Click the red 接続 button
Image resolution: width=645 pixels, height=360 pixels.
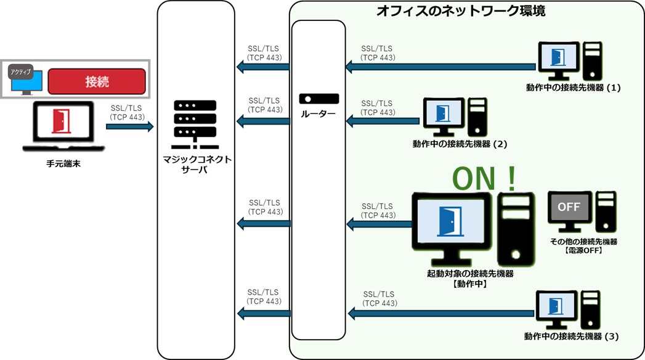(x=97, y=81)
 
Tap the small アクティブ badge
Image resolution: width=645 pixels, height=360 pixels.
(x=20, y=72)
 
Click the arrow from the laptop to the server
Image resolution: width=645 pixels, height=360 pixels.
(x=129, y=126)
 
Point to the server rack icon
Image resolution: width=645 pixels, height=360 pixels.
(x=195, y=123)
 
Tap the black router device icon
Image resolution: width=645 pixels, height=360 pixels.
(x=318, y=99)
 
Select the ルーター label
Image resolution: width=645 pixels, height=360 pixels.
(x=318, y=114)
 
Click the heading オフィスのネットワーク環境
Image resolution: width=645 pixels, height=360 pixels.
(x=461, y=11)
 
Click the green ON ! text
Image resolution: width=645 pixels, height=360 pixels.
(x=484, y=178)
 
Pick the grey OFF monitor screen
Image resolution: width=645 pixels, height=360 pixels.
(x=568, y=207)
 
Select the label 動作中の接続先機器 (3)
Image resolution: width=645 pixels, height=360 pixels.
(x=571, y=337)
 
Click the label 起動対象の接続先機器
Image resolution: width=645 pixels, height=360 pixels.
(x=470, y=274)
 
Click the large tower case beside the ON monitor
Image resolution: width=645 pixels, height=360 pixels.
(x=513, y=228)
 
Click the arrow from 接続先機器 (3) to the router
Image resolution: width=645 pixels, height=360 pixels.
(x=441, y=314)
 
